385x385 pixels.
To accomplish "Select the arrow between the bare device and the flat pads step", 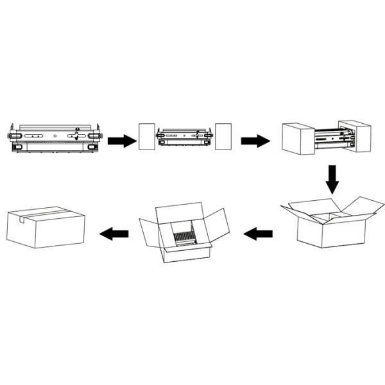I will tap(119, 141).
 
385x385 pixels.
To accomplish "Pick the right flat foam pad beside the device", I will tap(223, 137).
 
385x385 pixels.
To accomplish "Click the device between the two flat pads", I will tap(185, 139).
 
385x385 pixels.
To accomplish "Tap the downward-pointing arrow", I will tap(332, 179).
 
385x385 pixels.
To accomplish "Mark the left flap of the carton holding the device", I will tap(149, 232).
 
